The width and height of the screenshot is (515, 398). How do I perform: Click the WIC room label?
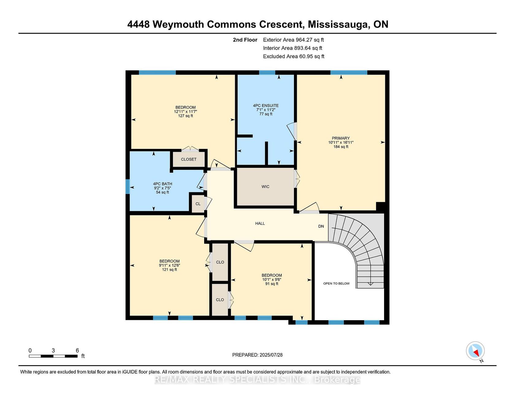point(265,187)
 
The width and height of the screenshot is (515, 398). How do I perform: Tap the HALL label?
point(260,223)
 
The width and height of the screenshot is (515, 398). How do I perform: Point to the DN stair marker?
point(321,226)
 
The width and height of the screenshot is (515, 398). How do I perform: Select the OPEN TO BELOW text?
point(336,283)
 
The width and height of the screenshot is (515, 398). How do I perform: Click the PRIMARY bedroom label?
point(341,138)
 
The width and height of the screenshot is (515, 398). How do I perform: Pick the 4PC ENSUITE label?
point(266,106)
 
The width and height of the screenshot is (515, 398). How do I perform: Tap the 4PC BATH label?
point(162,184)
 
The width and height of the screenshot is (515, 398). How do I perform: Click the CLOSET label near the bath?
point(189,159)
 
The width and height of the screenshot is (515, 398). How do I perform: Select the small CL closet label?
point(198,204)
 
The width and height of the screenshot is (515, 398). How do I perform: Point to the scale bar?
point(53,356)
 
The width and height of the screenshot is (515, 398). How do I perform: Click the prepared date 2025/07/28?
point(271,355)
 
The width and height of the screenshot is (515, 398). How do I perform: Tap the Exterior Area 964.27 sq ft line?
point(293,40)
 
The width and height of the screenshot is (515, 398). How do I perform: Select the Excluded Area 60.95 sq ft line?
point(294,56)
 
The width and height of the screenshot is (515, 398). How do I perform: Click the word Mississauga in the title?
point(338,24)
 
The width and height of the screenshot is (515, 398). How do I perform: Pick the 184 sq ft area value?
point(341,147)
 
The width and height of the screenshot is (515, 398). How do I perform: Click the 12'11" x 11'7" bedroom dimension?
point(185,112)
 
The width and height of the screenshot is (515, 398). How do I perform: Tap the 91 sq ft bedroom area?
point(272,284)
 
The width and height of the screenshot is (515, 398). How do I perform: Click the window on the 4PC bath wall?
point(128,187)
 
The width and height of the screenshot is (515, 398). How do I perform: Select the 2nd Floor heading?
point(245,40)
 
